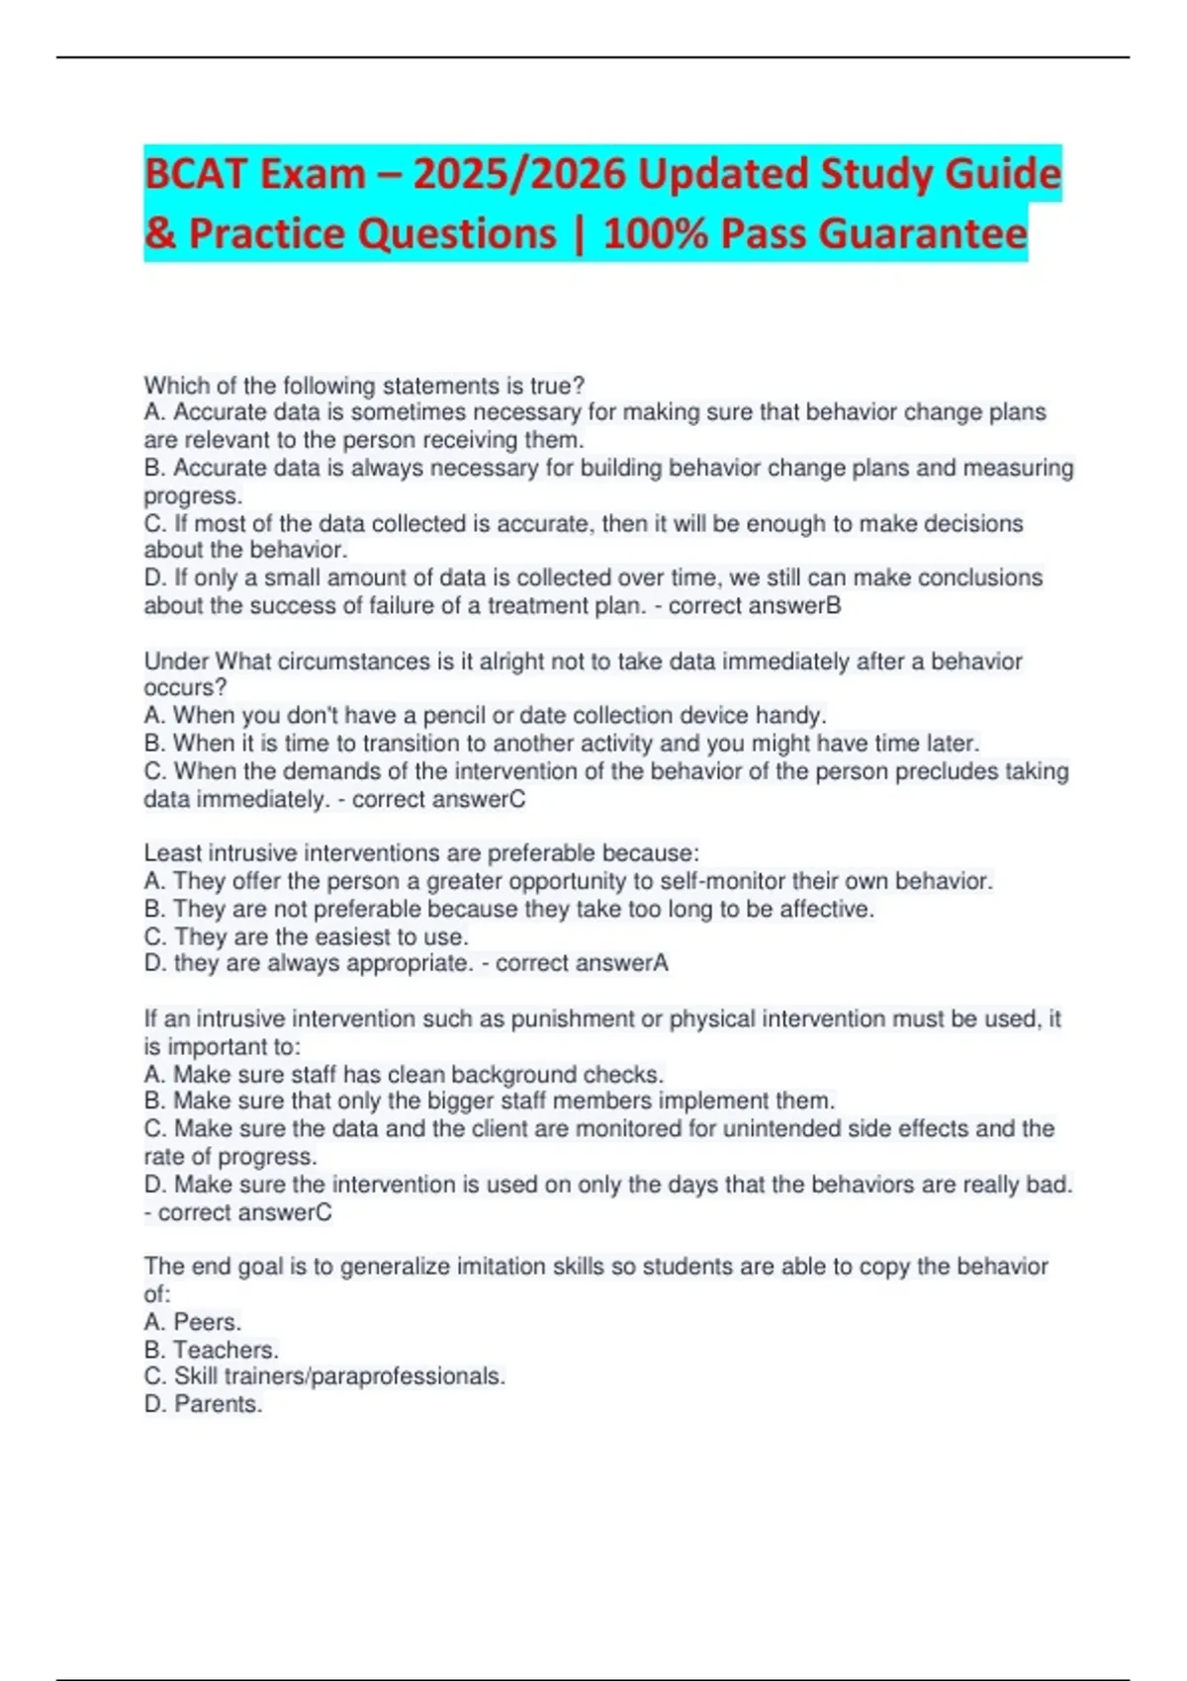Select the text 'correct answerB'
[755, 605]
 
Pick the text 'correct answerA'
[582, 963]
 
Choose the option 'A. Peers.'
[193, 1322]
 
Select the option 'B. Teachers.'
[212, 1350]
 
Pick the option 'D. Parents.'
[203, 1404]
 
